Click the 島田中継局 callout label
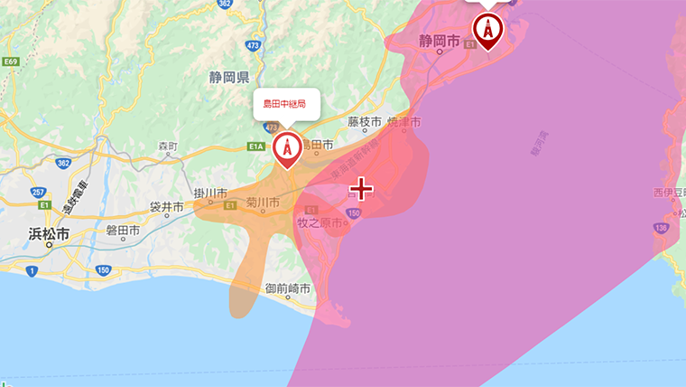(285, 104)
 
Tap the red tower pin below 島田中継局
(287, 148)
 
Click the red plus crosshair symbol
(361, 188)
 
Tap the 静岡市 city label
(440, 41)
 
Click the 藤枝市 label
(365, 121)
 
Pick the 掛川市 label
(211, 193)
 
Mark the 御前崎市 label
(288, 289)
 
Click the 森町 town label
(168, 146)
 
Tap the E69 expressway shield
(11, 61)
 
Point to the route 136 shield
(663, 228)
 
